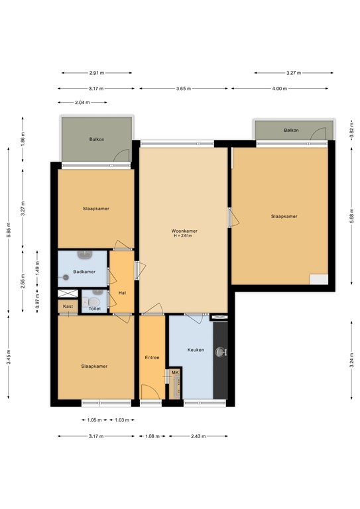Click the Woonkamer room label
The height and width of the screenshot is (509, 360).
point(184,231)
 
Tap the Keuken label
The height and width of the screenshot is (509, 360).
point(196,350)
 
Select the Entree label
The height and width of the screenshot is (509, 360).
point(152,358)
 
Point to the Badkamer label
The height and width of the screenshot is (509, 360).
point(84,272)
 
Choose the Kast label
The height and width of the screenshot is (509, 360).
point(68,306)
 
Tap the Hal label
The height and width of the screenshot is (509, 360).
point(122,292)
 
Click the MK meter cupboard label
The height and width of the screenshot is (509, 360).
point(175,373)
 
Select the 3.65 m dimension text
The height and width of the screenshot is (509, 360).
point(184,88)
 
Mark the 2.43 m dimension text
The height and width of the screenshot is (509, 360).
point(198,435)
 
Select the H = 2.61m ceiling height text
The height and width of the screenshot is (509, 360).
point(184,236)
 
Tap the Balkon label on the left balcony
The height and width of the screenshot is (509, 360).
point(97,139)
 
